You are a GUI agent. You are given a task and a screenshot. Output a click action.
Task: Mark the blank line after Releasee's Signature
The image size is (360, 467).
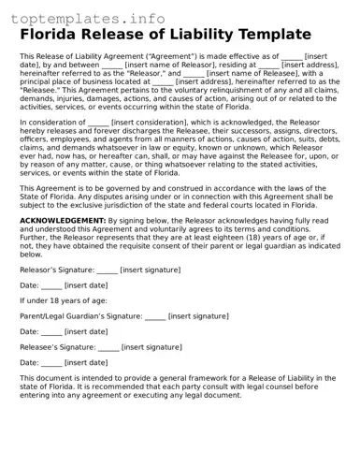(108, 347)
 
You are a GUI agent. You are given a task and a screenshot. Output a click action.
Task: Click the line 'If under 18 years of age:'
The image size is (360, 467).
(61, 300)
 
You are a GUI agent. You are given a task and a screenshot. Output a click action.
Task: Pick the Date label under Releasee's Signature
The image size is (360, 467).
(29, 362)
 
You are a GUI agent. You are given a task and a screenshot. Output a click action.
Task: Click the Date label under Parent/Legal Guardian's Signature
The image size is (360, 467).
(29, 331)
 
